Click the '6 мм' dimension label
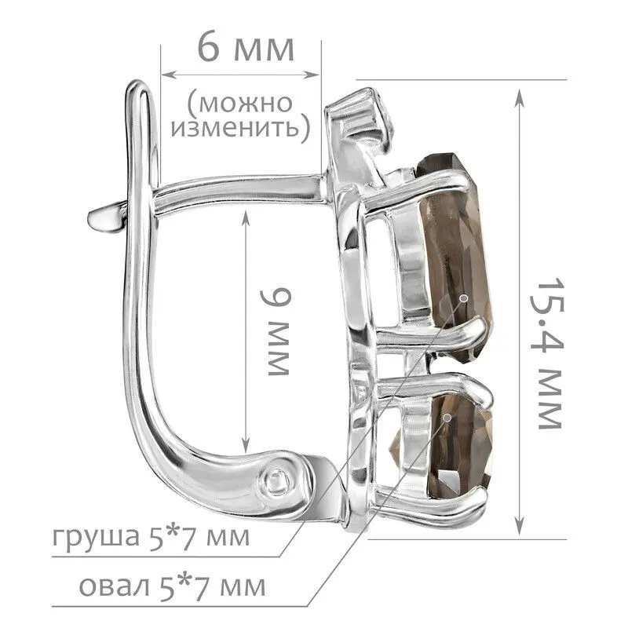coord(246,49)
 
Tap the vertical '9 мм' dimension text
coord(276,332)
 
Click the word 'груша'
coord(96,538)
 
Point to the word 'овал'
coord(114,587)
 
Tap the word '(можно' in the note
coord(240,104)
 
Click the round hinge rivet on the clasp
coord(276,479)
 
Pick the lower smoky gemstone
coord(457,445)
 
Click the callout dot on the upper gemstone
coord(464,298)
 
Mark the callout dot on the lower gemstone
coord(447,418)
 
